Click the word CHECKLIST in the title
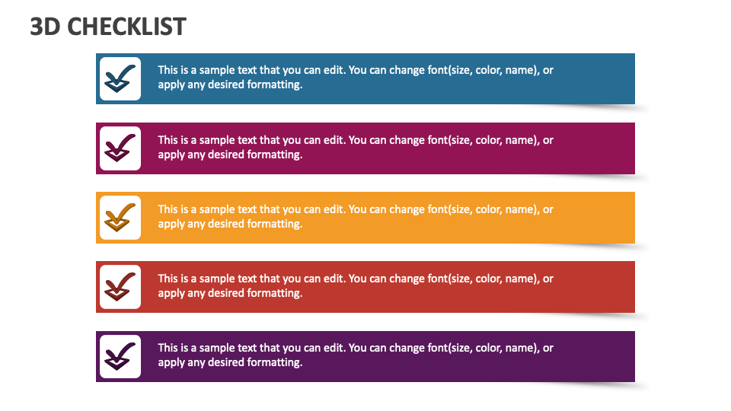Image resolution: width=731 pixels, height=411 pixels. tap(127, 27)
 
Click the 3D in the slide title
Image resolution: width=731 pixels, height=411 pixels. tap(45, 27)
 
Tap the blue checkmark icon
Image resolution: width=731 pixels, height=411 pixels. tap(120, 78)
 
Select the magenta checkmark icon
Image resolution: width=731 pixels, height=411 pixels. tap(120, 148)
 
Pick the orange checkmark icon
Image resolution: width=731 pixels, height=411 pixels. tap(120, 218)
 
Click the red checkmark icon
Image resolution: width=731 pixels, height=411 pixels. tap(120, 287)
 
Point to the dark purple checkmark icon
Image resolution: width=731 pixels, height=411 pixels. tap(120, 356)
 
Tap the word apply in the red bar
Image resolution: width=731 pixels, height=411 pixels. tap(171, 294)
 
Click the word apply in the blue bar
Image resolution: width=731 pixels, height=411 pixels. tap(171, 85)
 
